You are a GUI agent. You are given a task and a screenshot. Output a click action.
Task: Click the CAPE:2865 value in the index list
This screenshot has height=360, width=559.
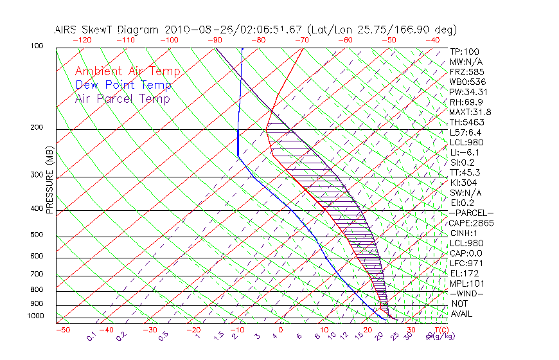pos(470,223)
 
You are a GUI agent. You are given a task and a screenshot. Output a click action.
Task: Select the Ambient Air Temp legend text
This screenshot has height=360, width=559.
pos(127,71)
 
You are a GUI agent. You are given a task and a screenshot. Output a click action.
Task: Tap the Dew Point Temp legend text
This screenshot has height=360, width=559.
pos(123,85)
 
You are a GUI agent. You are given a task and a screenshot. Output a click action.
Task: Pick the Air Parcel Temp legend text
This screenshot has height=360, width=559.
pos(122,98)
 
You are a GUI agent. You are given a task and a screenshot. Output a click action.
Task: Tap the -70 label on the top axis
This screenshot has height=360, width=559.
pos(301,39)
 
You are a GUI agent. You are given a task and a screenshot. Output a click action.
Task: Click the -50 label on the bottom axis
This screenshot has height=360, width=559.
pos(63,330)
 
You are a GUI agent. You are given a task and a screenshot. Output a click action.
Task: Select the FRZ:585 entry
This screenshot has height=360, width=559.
pos(467,71)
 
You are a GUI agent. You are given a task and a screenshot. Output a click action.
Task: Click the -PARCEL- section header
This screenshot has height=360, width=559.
pos(471,213)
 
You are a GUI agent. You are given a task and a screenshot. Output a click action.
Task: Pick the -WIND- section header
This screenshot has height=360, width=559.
pos(467,293)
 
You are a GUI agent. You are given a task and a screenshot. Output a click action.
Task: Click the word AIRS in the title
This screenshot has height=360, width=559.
pos(68,30)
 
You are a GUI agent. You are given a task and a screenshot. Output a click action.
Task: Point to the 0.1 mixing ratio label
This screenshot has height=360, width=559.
pos(91,335)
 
